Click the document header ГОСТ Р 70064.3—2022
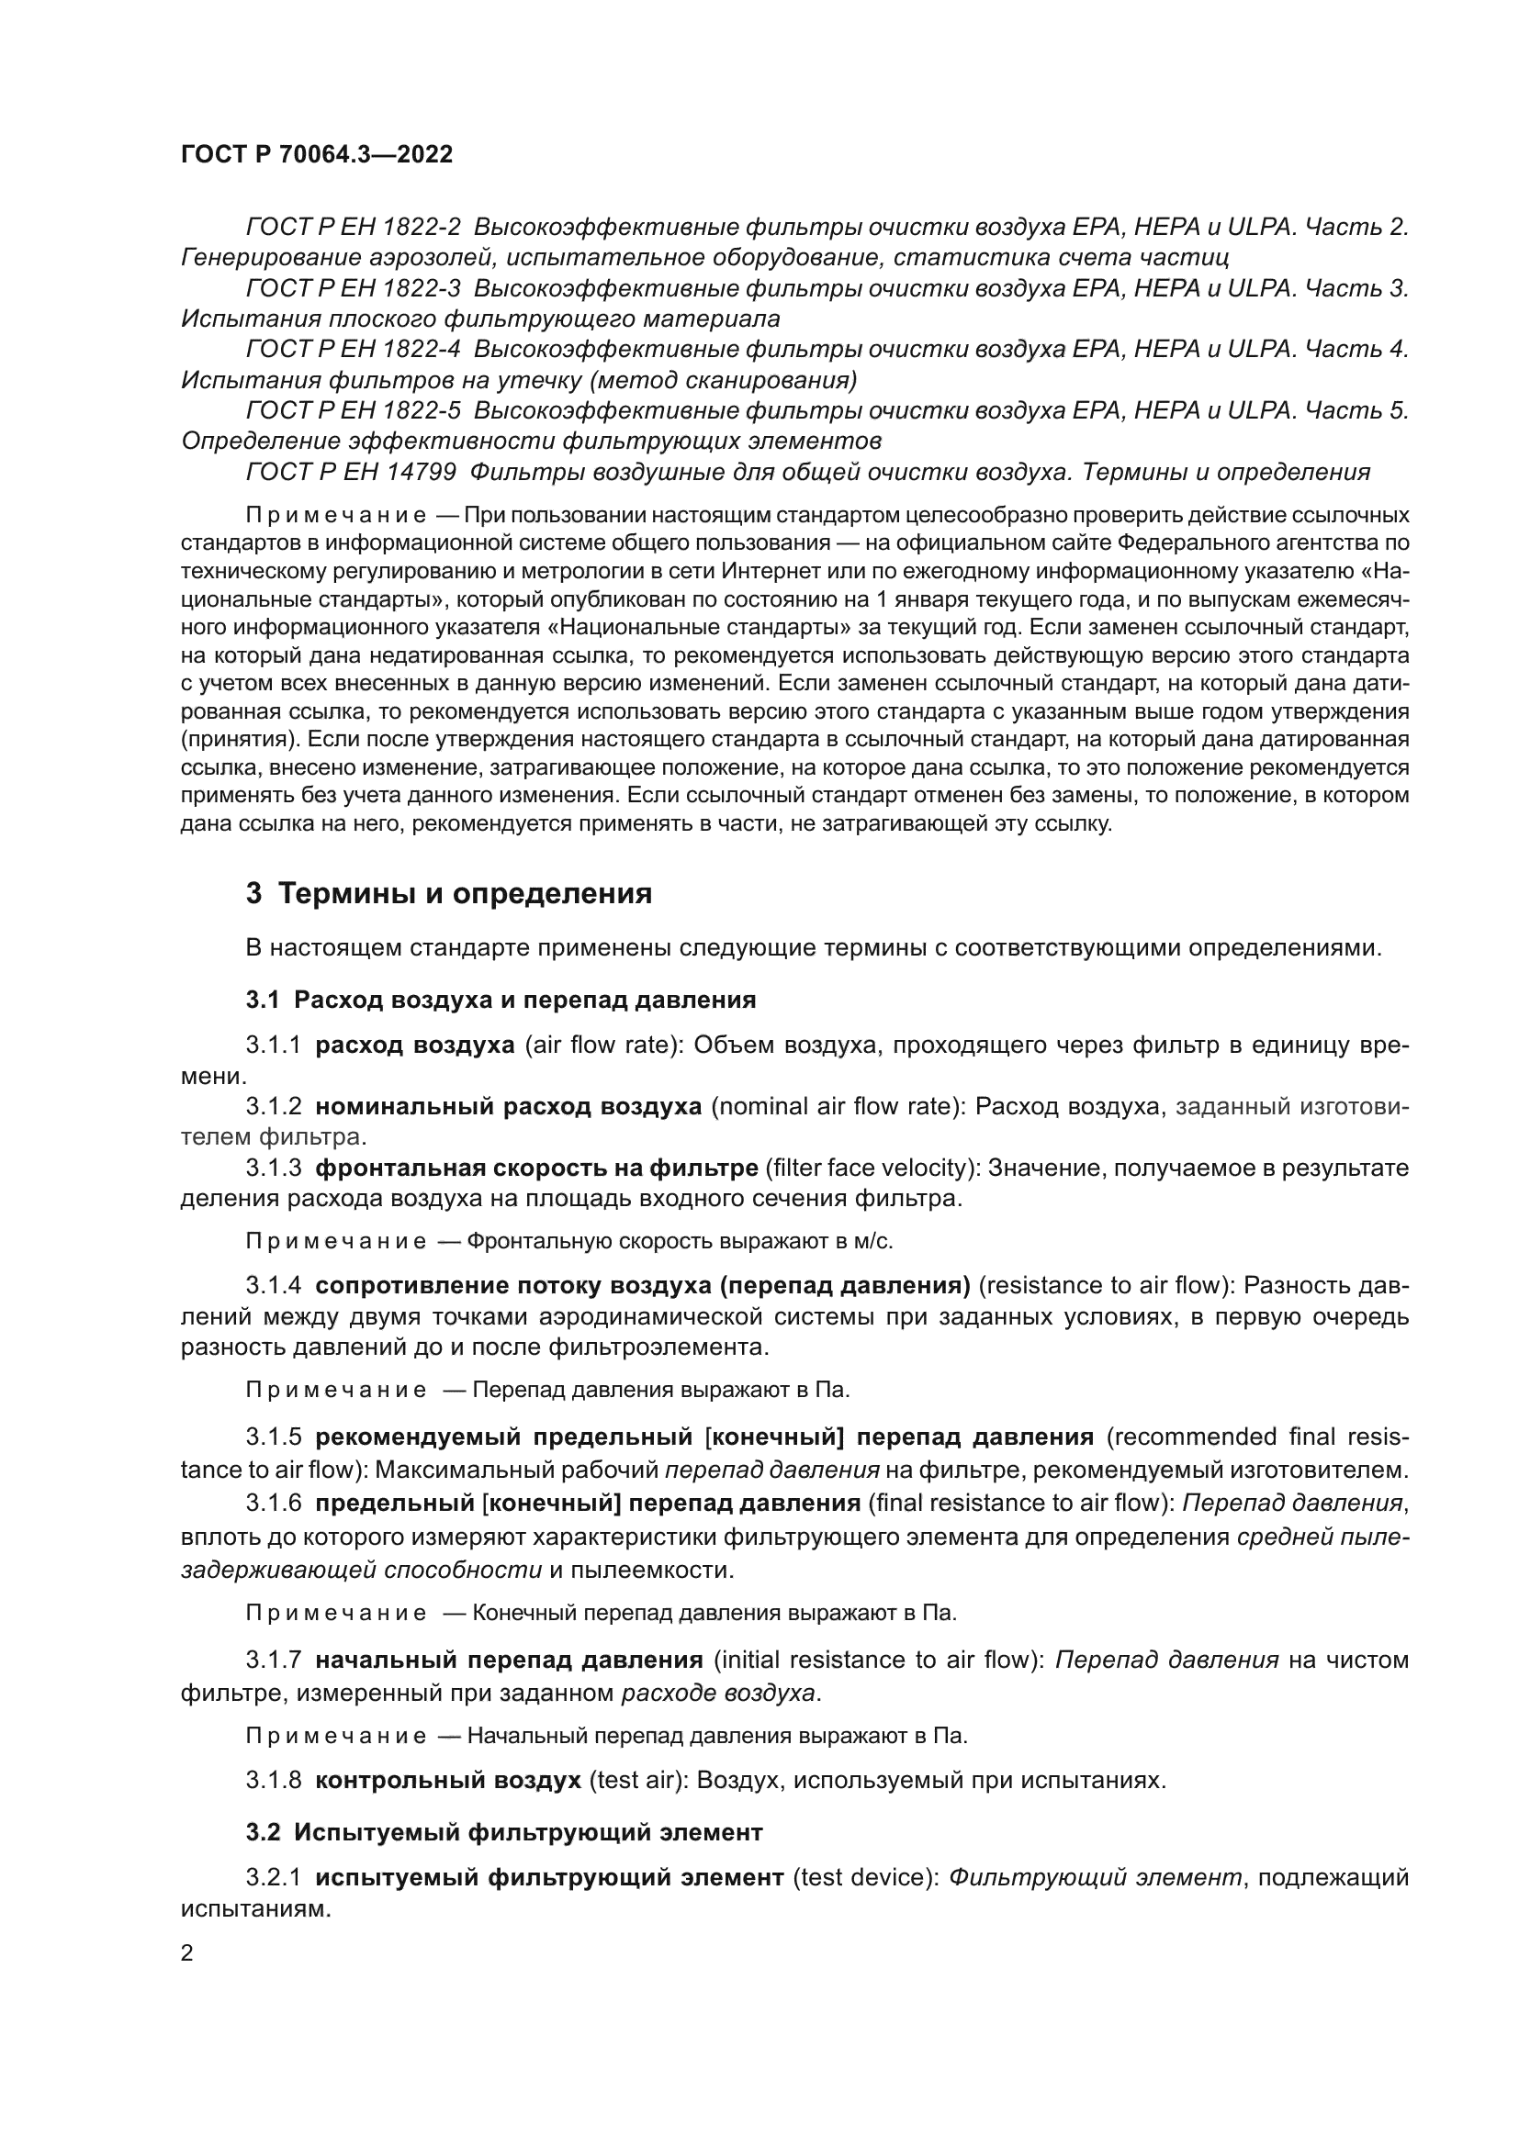(316, 155)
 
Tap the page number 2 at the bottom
(187, 1953)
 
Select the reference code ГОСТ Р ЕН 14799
(351, 472)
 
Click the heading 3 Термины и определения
(449, 894)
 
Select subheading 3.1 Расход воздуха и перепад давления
(501, 1001)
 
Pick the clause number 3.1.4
(273, 1286)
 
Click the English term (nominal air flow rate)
(838, 1106)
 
